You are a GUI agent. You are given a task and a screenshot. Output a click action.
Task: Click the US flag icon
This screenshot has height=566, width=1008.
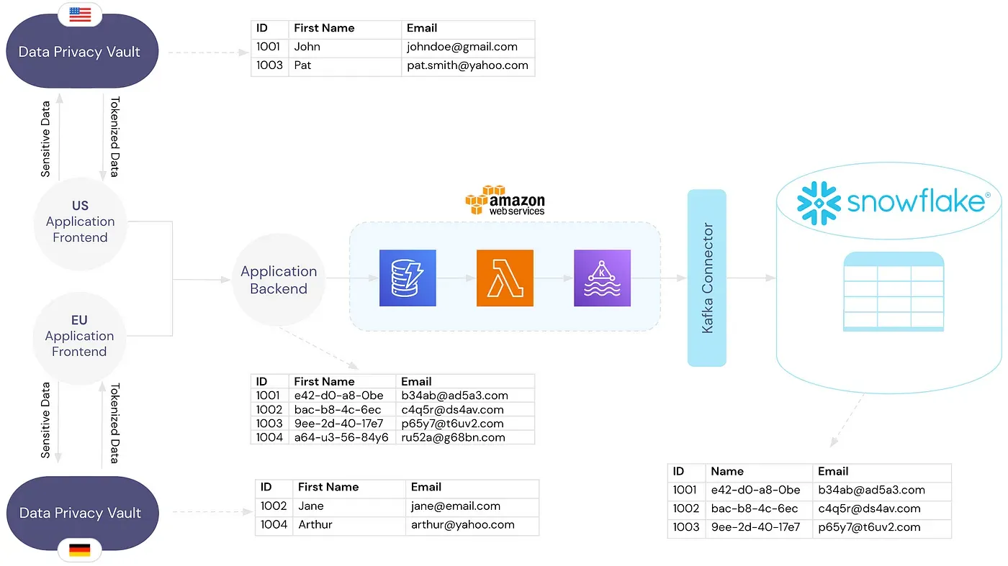point(80,14)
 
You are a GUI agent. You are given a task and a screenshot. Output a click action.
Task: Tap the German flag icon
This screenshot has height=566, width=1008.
point(80,550)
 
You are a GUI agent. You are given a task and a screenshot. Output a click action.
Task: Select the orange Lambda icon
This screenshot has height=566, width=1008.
point(505,278)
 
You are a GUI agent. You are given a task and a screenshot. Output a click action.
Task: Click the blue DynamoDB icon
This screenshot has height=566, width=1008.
point(408,278)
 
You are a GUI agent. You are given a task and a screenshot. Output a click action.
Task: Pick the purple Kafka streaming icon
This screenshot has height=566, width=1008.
point(602,278)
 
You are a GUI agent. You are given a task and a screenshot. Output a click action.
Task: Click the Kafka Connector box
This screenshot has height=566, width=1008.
point(707,278)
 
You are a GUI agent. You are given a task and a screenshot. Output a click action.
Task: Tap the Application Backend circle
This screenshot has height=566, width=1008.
point(279,280)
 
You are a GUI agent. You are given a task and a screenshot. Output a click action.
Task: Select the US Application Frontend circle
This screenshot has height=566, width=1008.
point(80,222)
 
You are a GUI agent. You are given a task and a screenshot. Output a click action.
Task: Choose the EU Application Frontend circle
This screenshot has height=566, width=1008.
point(79,336)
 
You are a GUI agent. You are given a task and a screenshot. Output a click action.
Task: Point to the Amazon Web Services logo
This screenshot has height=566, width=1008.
point(505,201)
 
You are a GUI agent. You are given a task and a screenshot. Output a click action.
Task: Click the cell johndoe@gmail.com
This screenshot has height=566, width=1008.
point(462,47)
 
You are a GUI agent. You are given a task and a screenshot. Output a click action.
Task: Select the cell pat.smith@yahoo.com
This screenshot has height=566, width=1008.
point(467,65)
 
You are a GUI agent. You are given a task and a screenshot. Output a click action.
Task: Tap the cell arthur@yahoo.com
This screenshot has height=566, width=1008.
point(462,524)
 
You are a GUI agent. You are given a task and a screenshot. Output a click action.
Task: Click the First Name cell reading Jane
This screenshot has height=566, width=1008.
point(311,506)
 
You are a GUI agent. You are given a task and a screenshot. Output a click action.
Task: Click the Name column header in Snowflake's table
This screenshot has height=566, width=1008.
point(727,471)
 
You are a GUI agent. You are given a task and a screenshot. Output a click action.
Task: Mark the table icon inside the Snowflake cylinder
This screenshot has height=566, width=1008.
point(894,291)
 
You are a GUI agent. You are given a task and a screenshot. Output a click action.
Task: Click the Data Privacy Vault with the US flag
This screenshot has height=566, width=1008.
point(79,52)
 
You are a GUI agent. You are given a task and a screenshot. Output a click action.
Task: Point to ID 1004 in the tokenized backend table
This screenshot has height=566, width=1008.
point(269,437)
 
